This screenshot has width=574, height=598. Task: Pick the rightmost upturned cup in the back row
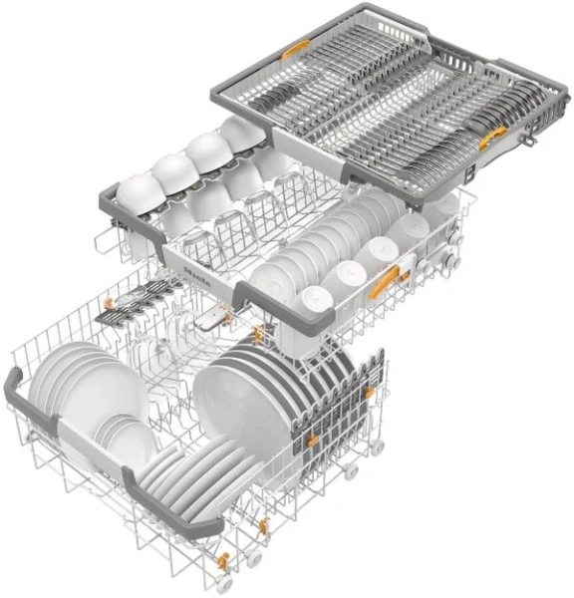239,132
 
